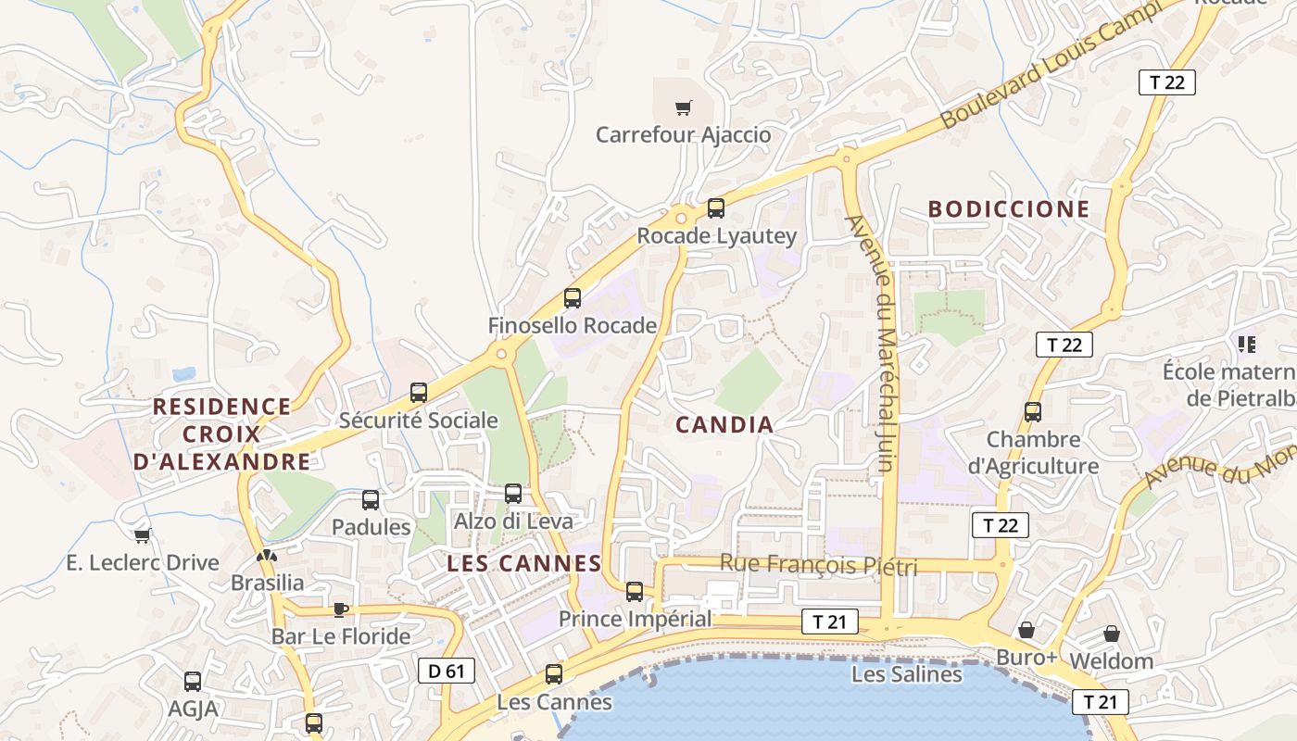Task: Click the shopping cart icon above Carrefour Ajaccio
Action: click(x=683, y=108)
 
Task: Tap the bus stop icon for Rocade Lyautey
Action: click(x=715, y=208)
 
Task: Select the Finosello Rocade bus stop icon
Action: click(x=573, y=298)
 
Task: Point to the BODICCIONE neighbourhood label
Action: click(x=1009, y=209)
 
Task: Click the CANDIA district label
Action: click(x=724, y=425)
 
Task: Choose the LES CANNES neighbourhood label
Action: click(x=524, y=563)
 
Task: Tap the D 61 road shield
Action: click(x=447, y=671)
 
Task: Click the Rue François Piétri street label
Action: click(x=818, y=564)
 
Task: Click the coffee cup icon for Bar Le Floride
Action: click(x=340, y=609)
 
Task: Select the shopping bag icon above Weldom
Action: click(x=1111, y=634)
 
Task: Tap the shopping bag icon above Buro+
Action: click(x=1026, y=630)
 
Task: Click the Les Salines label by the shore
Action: click(x=906, y=674)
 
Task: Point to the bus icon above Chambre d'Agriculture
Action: click(x=1033, y=412)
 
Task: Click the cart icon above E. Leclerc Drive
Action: click(x=142, y=535)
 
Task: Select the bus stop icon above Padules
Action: click(x=371, y=500)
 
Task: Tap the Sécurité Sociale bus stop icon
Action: click(x=419, y=393)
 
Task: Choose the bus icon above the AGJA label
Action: click(x=193, y=682)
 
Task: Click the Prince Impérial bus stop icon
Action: click(x=635, y=592)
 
